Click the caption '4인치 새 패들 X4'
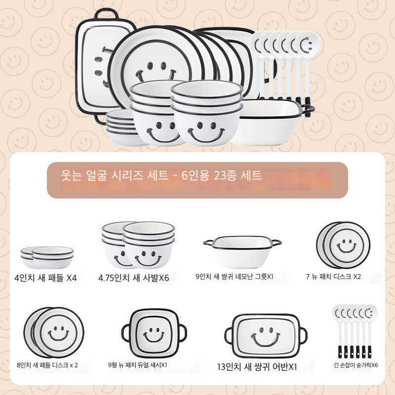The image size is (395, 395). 45,278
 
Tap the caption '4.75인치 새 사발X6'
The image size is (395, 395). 133,278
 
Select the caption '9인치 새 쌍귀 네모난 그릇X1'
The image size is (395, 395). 235,276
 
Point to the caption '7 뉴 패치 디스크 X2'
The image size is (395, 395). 333,276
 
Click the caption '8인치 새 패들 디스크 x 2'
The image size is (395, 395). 47,365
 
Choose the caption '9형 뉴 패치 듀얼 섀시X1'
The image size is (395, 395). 138,365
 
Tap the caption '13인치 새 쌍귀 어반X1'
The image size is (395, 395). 257,367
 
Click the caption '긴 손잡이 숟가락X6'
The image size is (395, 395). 355,365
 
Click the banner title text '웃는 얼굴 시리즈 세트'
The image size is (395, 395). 115,175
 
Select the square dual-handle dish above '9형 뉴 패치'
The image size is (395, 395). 154,334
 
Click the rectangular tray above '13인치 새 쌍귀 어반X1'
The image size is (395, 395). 266,336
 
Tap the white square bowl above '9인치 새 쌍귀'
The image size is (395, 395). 242,252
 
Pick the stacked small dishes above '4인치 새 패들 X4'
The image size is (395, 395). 47,257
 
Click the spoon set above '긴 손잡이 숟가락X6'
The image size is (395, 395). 355,331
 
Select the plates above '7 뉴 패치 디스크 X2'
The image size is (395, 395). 343,245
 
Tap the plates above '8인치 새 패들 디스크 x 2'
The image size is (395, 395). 54,332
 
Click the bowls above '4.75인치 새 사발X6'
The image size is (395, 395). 138,244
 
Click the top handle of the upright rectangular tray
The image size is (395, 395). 106,14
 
